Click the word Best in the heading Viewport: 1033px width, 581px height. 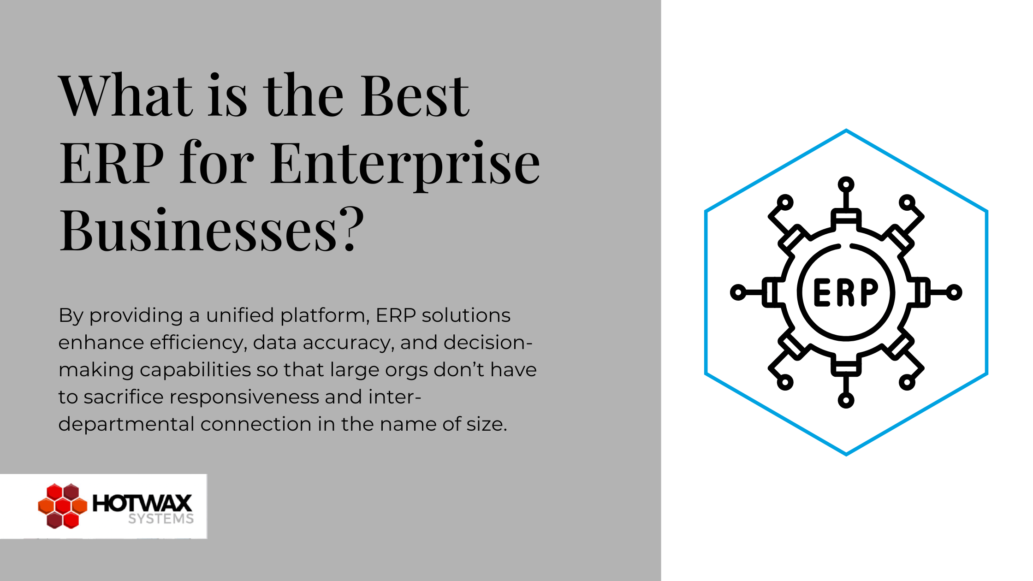(x=415, y=96)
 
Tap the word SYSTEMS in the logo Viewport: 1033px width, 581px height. (x=161, y=519)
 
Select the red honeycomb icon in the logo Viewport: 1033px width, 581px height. (x=62, y=506)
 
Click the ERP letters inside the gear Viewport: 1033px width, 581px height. (x=846, y=292)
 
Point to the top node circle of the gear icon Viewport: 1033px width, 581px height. (x=846, y=185)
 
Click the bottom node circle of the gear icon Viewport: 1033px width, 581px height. (x=846, y=400)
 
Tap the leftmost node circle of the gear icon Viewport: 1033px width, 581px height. (x=738, y=292)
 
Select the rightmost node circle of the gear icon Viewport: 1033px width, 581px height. (x=954, y=292)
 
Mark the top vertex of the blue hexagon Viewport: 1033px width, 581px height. (x=846, y=130)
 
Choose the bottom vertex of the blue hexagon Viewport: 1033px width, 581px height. (x=846, y=455)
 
